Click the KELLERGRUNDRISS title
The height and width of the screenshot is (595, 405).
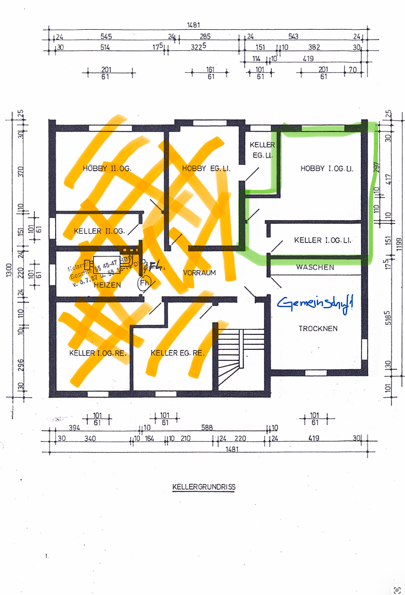pos(204,487)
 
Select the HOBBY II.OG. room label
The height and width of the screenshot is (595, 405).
pos(107,168)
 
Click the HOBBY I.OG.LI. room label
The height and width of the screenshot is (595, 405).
pos(326,168)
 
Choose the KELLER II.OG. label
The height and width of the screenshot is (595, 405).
pos(100,231)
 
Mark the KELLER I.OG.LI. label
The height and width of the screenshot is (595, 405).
pos(322,240)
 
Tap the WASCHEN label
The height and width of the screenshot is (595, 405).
pos(315,267)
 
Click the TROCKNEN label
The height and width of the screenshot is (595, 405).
pos(318,328)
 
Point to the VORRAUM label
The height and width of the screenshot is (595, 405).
pos(199,273)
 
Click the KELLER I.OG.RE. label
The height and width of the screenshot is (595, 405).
pos(98,353)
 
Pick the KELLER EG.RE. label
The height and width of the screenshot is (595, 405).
pos(177,353)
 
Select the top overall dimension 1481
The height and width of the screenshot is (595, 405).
pos(193,25)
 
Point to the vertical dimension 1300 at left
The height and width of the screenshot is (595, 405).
pos(8,270)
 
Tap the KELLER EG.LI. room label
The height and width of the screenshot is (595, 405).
pos(262,150)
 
